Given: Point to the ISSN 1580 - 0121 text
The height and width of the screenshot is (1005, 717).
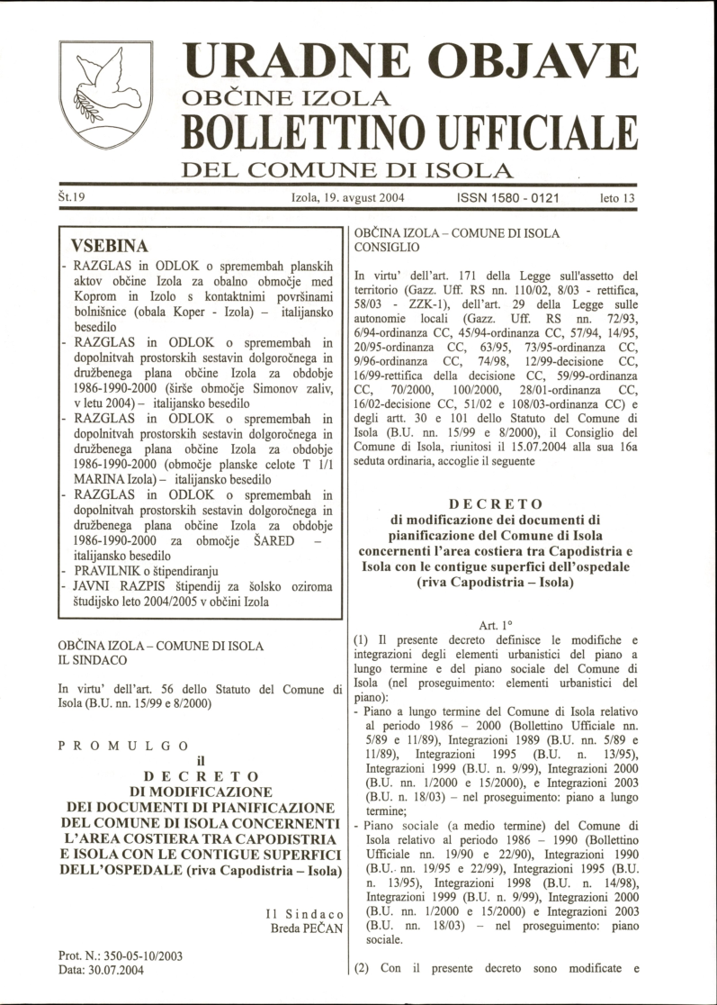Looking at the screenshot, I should (508, 196).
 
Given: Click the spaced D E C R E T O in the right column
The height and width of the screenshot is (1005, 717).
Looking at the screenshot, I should (496, 502).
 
